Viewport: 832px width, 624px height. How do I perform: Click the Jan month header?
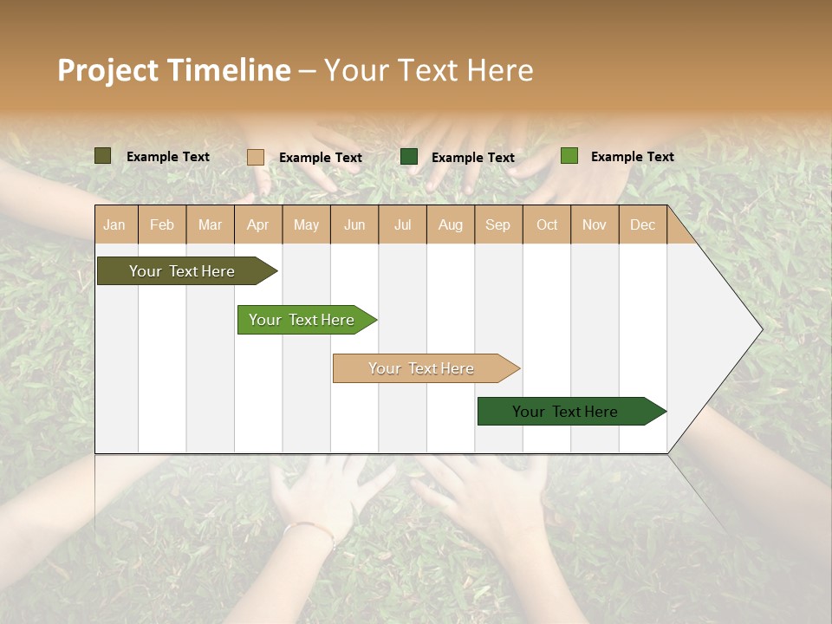114,225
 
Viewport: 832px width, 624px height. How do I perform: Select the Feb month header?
162,225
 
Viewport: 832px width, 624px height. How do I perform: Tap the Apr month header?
257,225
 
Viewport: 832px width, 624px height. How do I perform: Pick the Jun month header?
354,225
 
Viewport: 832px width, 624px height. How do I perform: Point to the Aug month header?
450,225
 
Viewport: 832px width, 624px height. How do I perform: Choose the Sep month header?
497,225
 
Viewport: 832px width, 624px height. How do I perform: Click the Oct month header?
547,225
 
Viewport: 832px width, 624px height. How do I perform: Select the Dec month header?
642,225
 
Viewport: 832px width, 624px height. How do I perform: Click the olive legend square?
103,156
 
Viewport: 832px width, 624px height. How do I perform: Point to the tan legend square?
256,157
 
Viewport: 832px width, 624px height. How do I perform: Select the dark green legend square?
409,157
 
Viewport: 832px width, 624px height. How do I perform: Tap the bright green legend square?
569,156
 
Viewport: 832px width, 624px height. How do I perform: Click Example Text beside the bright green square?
632,157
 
